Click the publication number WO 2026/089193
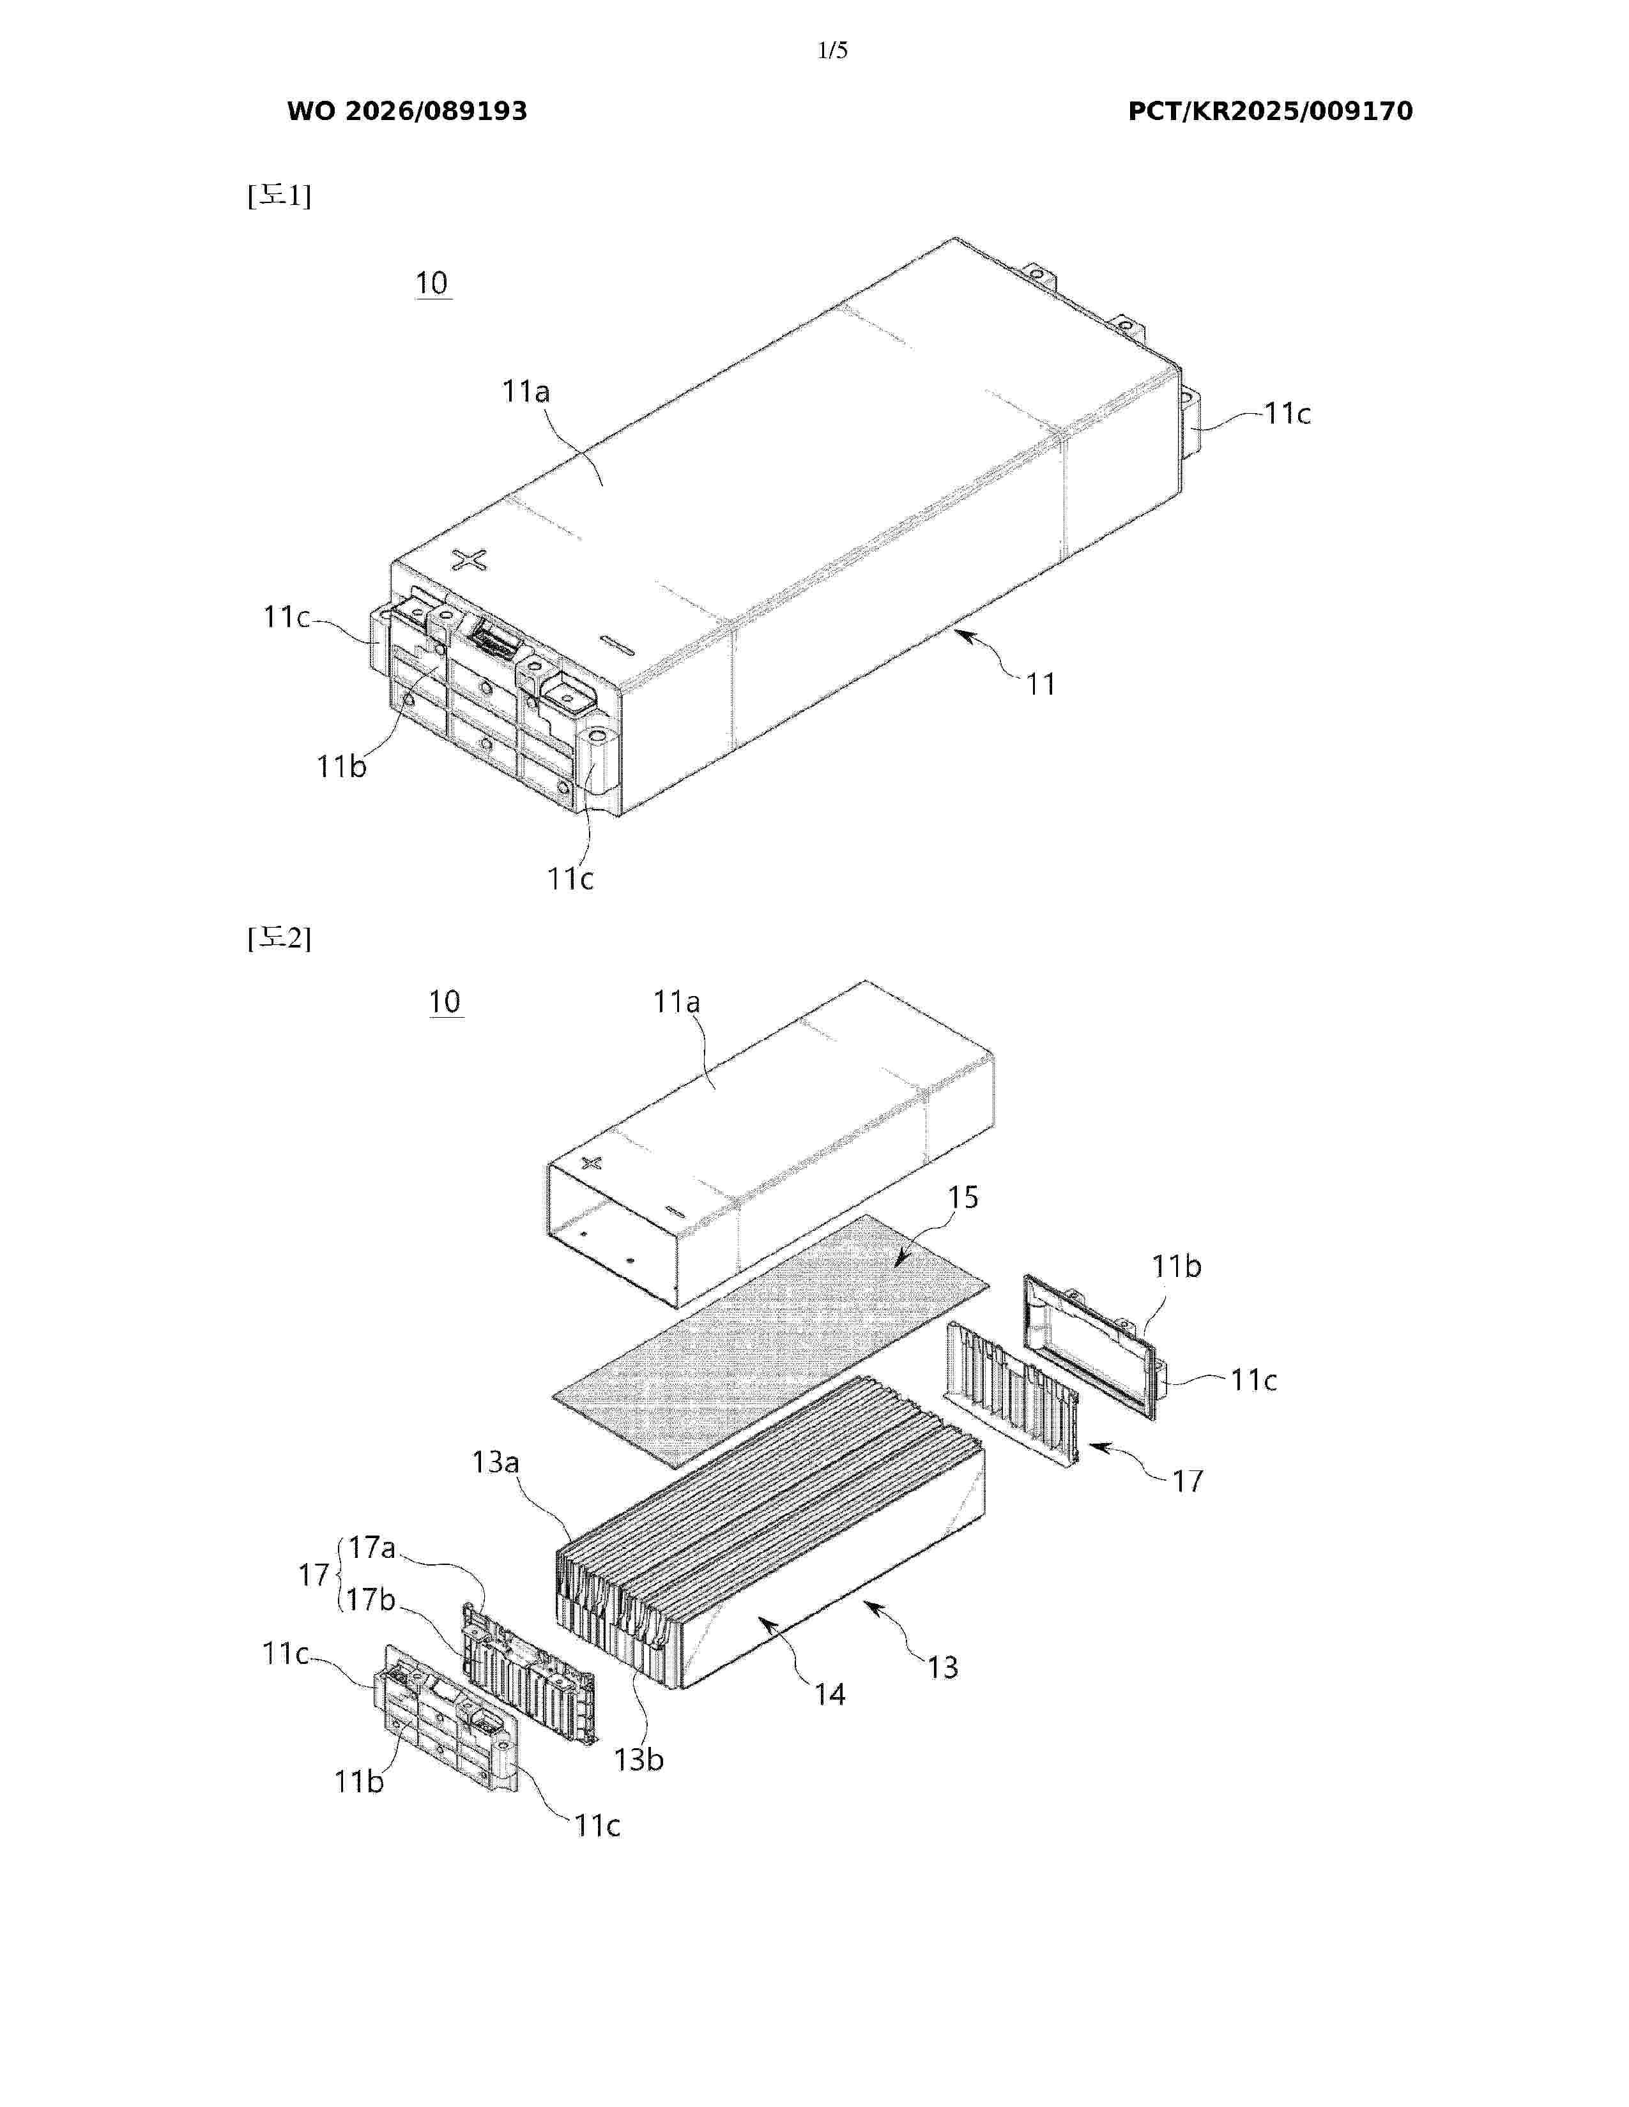(x=408, y=111)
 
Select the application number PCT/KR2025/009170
(x=1270, y=111)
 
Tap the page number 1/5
(x=832, y=51)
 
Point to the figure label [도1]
(x=279, y=196)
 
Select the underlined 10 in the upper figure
(x=432, y=283)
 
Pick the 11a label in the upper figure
(x=526, y=391)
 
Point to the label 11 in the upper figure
(x=1040, y=684)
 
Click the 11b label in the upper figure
(x=342, y=766)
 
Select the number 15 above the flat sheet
(x=962, y=1197)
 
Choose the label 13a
(x=495, y=1463)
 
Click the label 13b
(x=639, y=1759)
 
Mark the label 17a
(x=372, y=1548)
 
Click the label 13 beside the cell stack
(x=943, y=1667)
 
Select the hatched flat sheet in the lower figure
(x=771, y=1340)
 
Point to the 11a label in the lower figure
(x=677, y=1002)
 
